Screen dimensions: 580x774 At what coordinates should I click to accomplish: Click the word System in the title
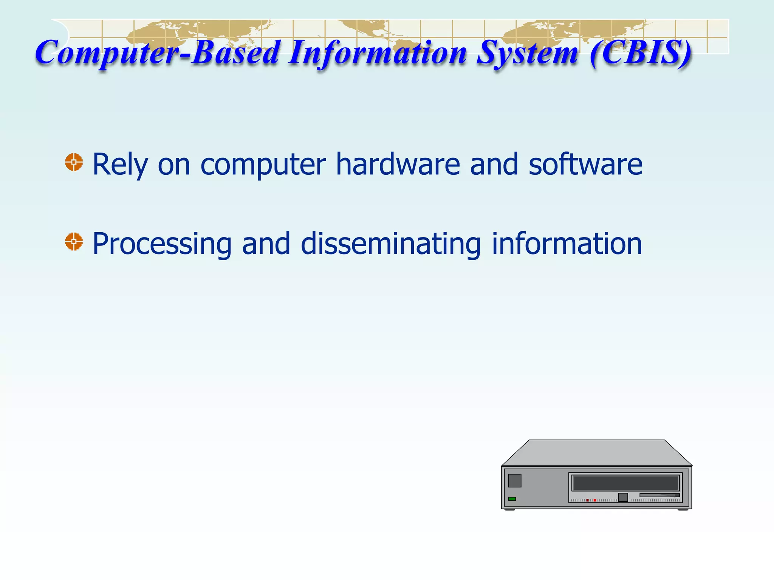[527, 53]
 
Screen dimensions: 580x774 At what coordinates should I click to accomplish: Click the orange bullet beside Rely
[74, 162]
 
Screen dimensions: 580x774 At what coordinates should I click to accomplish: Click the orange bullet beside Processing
[74, 242]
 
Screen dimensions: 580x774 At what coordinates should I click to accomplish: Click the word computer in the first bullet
[263, 165]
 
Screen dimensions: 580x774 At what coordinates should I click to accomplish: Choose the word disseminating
[391, 244]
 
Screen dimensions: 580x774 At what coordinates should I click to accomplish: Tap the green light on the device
[512, 499]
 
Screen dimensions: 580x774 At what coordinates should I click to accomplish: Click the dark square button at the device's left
[515, 481]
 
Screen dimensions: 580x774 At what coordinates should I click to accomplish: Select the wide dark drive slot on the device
[625, 483]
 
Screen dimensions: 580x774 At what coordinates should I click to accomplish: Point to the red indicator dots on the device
[591, 500]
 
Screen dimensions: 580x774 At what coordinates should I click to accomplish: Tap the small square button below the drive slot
[623, 497]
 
